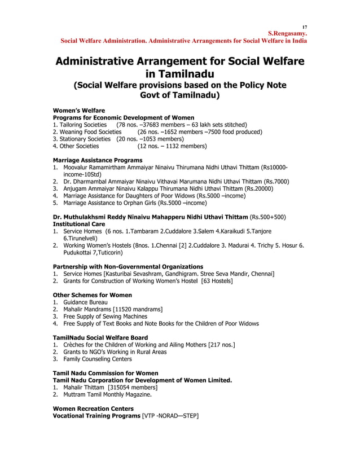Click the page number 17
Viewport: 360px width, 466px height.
305,27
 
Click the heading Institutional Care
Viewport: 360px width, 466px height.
79,224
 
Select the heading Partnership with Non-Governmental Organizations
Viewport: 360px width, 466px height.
128,266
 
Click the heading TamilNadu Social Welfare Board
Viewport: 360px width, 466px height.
100,337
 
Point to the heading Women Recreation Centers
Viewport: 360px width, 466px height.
93,408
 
